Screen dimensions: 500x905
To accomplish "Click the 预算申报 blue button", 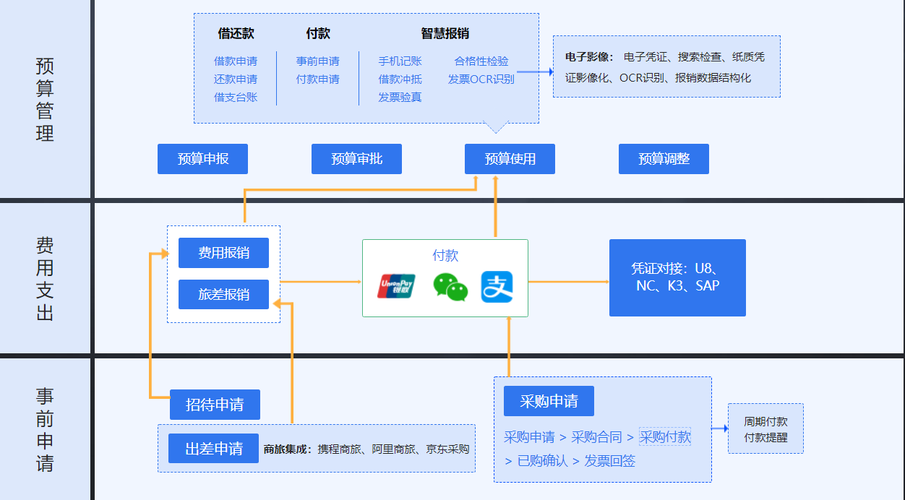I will (x=202, y=159).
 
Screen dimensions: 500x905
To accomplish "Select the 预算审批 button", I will (x=356, y=159).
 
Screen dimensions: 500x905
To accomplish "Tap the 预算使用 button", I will (x=510, y=159).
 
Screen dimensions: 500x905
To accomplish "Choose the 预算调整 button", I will (x=664, y=159).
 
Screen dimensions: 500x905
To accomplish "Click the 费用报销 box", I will (x=223, y=253).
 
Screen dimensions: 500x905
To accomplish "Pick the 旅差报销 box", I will (x=223, y=295).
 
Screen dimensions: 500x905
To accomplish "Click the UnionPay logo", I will (x=397, y=286).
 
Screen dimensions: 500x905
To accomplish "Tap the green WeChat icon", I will (x=450, y=287).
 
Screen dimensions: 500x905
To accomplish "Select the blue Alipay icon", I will (x=497, y=287).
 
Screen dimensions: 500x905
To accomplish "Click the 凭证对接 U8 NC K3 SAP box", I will (x=677, y=277).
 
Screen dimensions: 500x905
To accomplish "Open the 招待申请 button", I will (x=215, y=405).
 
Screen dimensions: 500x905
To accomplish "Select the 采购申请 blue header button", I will (x=549, y=401).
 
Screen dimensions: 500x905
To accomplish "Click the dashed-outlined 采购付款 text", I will (x=665, y=437).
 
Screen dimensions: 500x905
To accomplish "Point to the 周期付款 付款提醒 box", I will (x=765, y=429).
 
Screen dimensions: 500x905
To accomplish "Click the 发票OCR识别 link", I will (x=481, y=79).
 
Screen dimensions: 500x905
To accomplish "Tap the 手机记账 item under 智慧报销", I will (x=400, y=61).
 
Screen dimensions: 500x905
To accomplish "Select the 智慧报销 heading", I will (x=445, y=33).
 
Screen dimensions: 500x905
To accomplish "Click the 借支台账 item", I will (x=235, y=97).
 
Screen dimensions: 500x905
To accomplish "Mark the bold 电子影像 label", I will (x=589, y=56).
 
